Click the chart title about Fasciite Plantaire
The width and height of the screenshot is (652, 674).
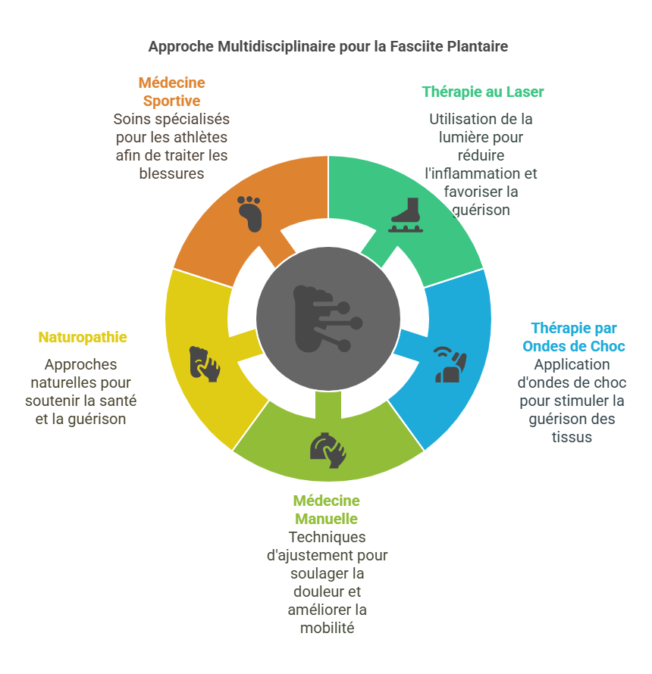pos(328,46)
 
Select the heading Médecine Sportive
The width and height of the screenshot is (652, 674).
pos(171,92)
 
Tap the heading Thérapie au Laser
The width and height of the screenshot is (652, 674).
pos(482,92)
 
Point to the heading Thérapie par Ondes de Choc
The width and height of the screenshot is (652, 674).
pos(574,337)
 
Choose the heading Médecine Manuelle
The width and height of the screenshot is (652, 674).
pos(326,510)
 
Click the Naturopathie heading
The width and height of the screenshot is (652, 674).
pos(83,338)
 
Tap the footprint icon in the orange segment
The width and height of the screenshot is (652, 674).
pos(249,214)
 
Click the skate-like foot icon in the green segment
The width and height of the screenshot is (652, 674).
pos(406,215)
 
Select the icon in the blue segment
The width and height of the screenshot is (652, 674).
pos(450,364)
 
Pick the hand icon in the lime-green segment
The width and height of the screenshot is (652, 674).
pos(328,450)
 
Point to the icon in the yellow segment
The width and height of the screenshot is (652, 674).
pos(205,364)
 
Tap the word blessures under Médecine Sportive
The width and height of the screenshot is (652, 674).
pos(171,173)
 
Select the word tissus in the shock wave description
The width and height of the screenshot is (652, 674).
pos(572,437)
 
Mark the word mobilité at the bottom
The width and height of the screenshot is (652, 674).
pos(327,628)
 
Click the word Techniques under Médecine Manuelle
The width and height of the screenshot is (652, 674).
pos(327,538)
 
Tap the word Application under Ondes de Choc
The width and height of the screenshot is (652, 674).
pos(572,364)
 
